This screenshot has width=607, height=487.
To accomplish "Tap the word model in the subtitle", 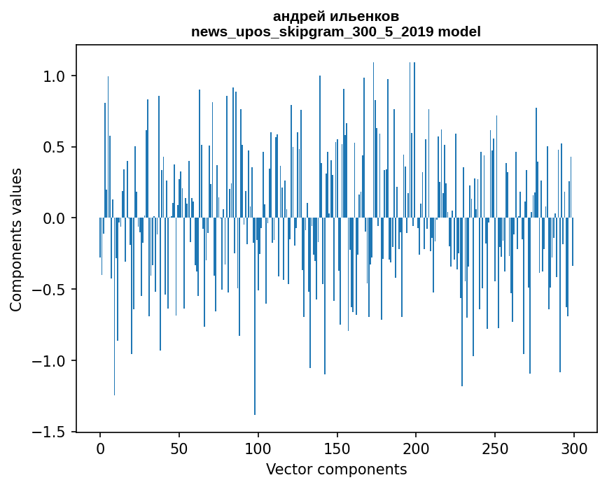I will (459, 32).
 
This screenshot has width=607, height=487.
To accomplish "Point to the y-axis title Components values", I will (16, 239).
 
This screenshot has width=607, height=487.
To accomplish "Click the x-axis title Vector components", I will (336, 470).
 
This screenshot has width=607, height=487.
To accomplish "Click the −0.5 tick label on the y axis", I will (50, 290).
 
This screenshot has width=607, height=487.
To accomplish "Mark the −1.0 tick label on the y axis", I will (50, 361).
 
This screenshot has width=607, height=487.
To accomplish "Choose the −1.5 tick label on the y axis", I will (50, 432).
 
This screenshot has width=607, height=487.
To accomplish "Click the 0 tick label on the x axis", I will (100, 448).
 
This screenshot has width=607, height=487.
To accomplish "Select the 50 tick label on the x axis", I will (179, 448).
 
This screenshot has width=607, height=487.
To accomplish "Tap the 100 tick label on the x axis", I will (258, 448).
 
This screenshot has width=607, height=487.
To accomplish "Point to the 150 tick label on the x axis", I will (337, 448).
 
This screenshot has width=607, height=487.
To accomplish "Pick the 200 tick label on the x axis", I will (416, 448).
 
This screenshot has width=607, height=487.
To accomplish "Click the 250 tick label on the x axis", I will (495, 448).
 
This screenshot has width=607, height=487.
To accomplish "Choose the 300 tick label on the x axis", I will (574, 448).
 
